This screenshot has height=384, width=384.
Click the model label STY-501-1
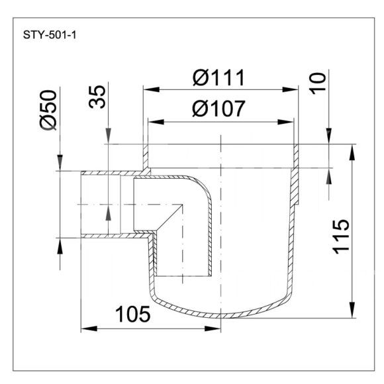pos(50,35)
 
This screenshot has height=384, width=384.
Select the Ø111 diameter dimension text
pos(218,78)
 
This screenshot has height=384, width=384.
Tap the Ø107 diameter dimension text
pos(218,109)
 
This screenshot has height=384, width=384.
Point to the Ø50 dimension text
pos(48,110)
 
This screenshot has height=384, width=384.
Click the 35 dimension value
pos(97,97)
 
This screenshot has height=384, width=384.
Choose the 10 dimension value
pos(318,83)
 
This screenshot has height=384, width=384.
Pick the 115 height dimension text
pos(340,237)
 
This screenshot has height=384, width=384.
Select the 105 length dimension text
pos(132,314)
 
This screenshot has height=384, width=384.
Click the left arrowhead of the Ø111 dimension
pos(152,89)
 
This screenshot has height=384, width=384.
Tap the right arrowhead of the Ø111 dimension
pos(290,89)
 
